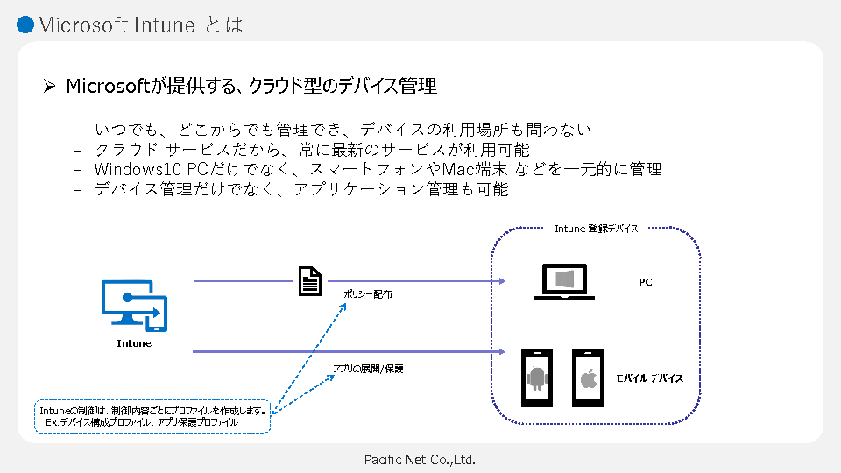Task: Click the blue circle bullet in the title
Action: [25, 25]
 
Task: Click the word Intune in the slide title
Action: [164, 25]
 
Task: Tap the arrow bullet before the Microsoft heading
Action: [50, 86]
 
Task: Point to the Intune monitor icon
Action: [134, 306]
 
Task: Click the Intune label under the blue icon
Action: [134, 343]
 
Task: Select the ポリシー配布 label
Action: [369, 294]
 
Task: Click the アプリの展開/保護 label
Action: [368, 369]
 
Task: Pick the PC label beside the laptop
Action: [645, 282]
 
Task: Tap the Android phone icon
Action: [537, 378]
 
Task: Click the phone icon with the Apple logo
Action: [589, 378]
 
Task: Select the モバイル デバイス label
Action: [649, 378]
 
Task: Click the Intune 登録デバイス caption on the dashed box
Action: [596, 228]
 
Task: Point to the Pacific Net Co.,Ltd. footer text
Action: [420, 459]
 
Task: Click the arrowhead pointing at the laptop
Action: [502, 281]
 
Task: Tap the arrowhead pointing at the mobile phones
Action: [502, 351]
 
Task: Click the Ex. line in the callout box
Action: [141, 421]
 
